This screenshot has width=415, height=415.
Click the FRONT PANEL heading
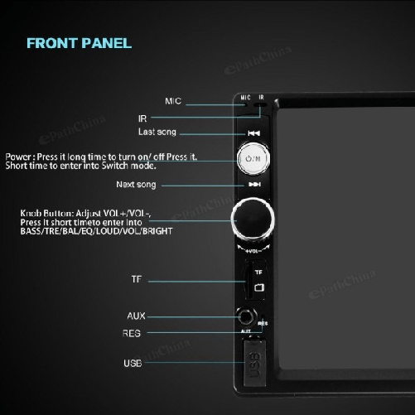pos(79,43)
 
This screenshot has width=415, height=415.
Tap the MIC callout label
pos(173,101)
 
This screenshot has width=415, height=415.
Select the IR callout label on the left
pos(142,118)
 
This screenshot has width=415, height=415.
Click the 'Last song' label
pos(157,133)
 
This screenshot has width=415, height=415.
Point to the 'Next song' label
pos(136,185)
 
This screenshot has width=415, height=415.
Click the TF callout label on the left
pos(137,278)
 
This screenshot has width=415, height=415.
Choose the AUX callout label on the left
pos(137,316)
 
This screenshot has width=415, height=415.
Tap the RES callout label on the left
pos(132,333)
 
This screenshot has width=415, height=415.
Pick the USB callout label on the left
pos(133,363)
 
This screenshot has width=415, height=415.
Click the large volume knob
pos(253,219)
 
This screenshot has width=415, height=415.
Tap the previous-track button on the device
pos(254,133)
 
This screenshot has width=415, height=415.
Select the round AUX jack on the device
pos(246,316)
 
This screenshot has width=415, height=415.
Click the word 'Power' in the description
pos(19,157)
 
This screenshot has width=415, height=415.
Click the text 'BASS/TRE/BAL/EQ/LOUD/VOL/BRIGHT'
pos(96,231)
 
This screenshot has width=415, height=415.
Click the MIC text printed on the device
pos(245,98)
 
